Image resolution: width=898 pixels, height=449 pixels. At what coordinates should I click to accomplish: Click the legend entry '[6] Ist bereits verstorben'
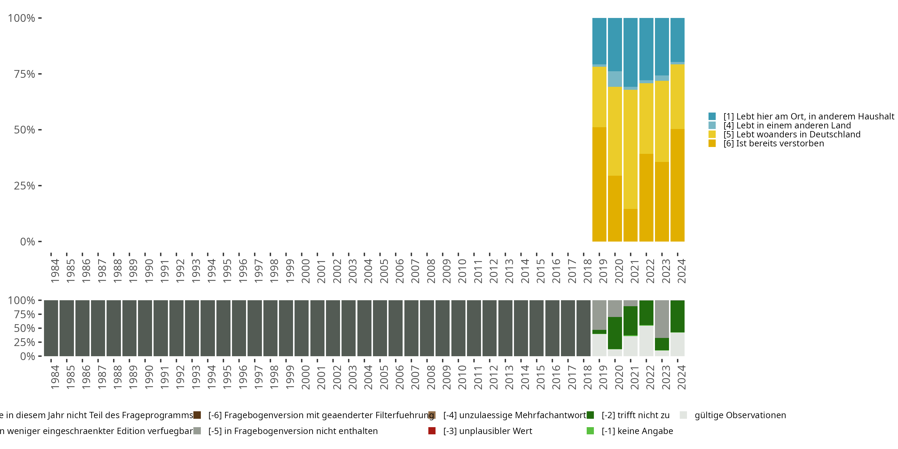point(773,144)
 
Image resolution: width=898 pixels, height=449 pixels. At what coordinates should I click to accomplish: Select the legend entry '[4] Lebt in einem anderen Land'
point(787,125)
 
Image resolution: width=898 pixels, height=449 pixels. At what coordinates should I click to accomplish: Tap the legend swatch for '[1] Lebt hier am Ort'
point(712,116)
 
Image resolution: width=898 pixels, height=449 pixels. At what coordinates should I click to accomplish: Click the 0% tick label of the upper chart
point(27,242)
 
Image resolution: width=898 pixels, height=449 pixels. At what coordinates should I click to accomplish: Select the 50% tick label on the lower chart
point(24,328)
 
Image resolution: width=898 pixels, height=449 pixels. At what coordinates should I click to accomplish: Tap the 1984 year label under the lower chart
point(55,377)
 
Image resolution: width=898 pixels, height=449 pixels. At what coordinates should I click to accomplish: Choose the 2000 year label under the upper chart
point(305,271)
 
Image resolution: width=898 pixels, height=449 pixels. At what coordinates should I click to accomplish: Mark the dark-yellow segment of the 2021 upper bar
point(630,225)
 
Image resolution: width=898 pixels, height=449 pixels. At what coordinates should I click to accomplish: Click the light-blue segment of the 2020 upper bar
point(615,79)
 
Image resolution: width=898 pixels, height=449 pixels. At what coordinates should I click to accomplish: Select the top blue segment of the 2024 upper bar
point(677,40)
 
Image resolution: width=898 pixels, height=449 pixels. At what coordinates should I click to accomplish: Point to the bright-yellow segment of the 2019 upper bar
point(599,97)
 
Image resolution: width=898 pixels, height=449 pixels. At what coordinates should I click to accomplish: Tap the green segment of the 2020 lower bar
point(615,333)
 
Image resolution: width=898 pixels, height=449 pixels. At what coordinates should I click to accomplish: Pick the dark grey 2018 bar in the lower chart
point(583,328)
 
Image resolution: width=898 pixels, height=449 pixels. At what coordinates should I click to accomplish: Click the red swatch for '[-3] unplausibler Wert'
point(432,431)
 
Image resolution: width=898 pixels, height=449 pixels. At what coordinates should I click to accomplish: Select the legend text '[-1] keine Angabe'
point(637,431)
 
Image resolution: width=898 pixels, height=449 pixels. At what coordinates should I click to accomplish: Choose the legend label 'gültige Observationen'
point(740,415)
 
